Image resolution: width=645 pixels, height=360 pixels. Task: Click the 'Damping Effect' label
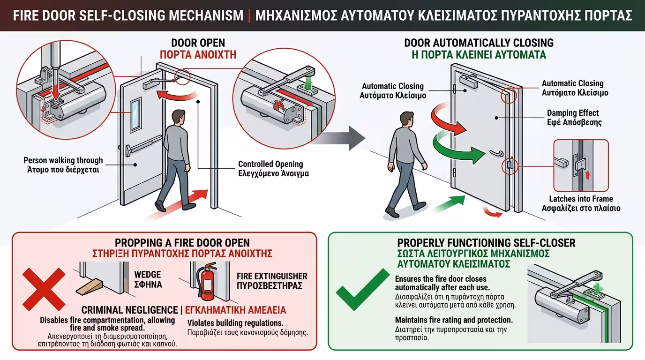point(573,113)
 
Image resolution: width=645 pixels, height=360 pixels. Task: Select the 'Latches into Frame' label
point(581,199)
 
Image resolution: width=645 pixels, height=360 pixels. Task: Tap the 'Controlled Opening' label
point(270,164)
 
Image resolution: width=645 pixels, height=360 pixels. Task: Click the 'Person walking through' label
point(63,160)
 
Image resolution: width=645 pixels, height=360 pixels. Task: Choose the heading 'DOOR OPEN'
point(198,43)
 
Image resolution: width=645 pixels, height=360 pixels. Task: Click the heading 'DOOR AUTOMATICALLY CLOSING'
point(479,43)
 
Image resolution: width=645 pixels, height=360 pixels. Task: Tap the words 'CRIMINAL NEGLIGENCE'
point(130,310)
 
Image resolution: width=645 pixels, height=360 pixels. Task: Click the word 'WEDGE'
point(147,275)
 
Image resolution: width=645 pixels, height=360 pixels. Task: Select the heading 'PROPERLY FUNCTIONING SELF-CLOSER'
point(486,243)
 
